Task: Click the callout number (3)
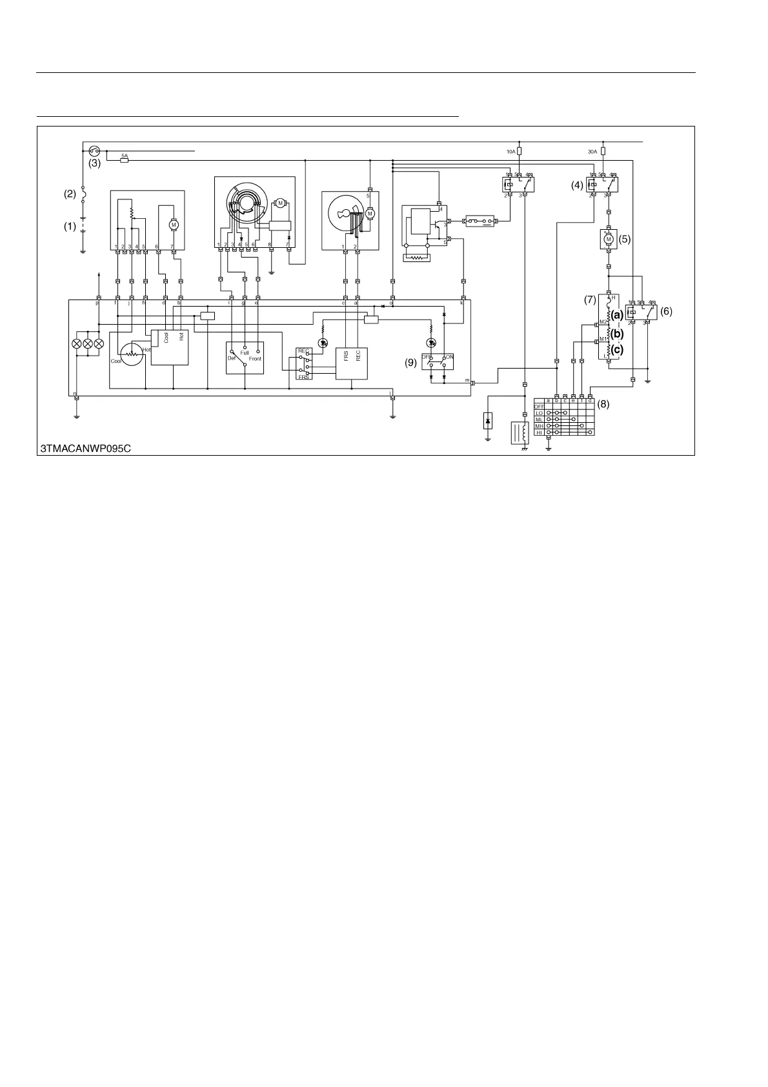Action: [95, 164]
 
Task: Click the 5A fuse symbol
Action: [125, 160]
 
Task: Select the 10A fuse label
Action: [510, 152]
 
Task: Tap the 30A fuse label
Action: [592, 152]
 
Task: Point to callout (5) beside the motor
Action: [624, 238]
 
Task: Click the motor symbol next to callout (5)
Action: [607, 239]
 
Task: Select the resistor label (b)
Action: [617, 334]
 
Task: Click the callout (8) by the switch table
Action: [603, 405]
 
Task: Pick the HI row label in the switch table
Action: [540, 432]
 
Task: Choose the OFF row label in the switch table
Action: [540, 406]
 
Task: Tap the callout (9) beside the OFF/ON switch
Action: [411, 363]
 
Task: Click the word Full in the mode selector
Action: [245, 353]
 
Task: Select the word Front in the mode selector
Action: [255, 359]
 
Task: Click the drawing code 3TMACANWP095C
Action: [86, 448]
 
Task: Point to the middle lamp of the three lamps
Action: [88, 343]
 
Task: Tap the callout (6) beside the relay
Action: [666, 310]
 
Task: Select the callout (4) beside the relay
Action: [576, 185]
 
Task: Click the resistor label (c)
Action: [617, 350]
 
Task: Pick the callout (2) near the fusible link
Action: [69, 193]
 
